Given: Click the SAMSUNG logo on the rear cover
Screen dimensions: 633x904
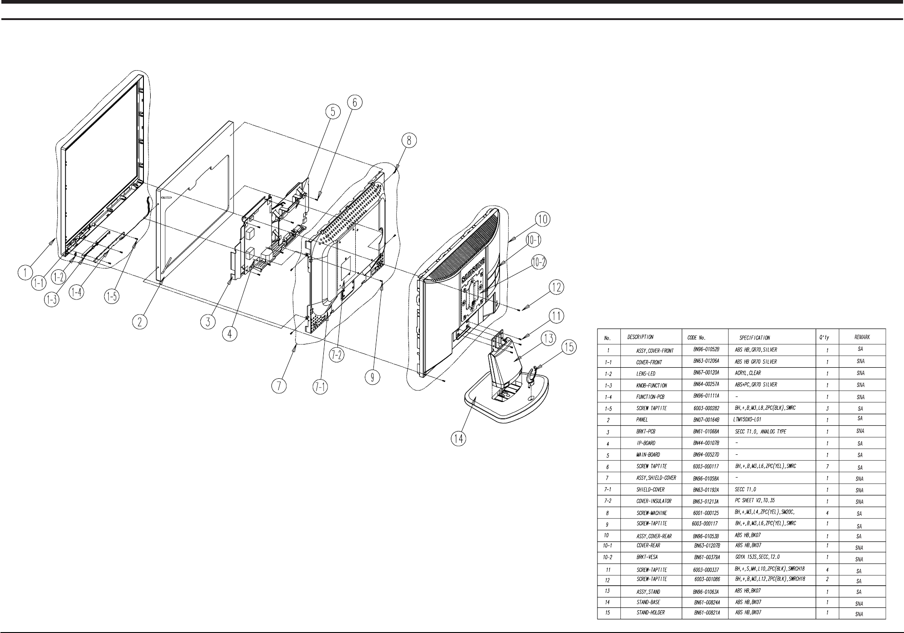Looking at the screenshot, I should (x=474, y=273).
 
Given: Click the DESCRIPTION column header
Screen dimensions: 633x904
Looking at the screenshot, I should (x=640, y=337).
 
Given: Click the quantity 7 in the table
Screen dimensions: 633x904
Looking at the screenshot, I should (x=827, y=466).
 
